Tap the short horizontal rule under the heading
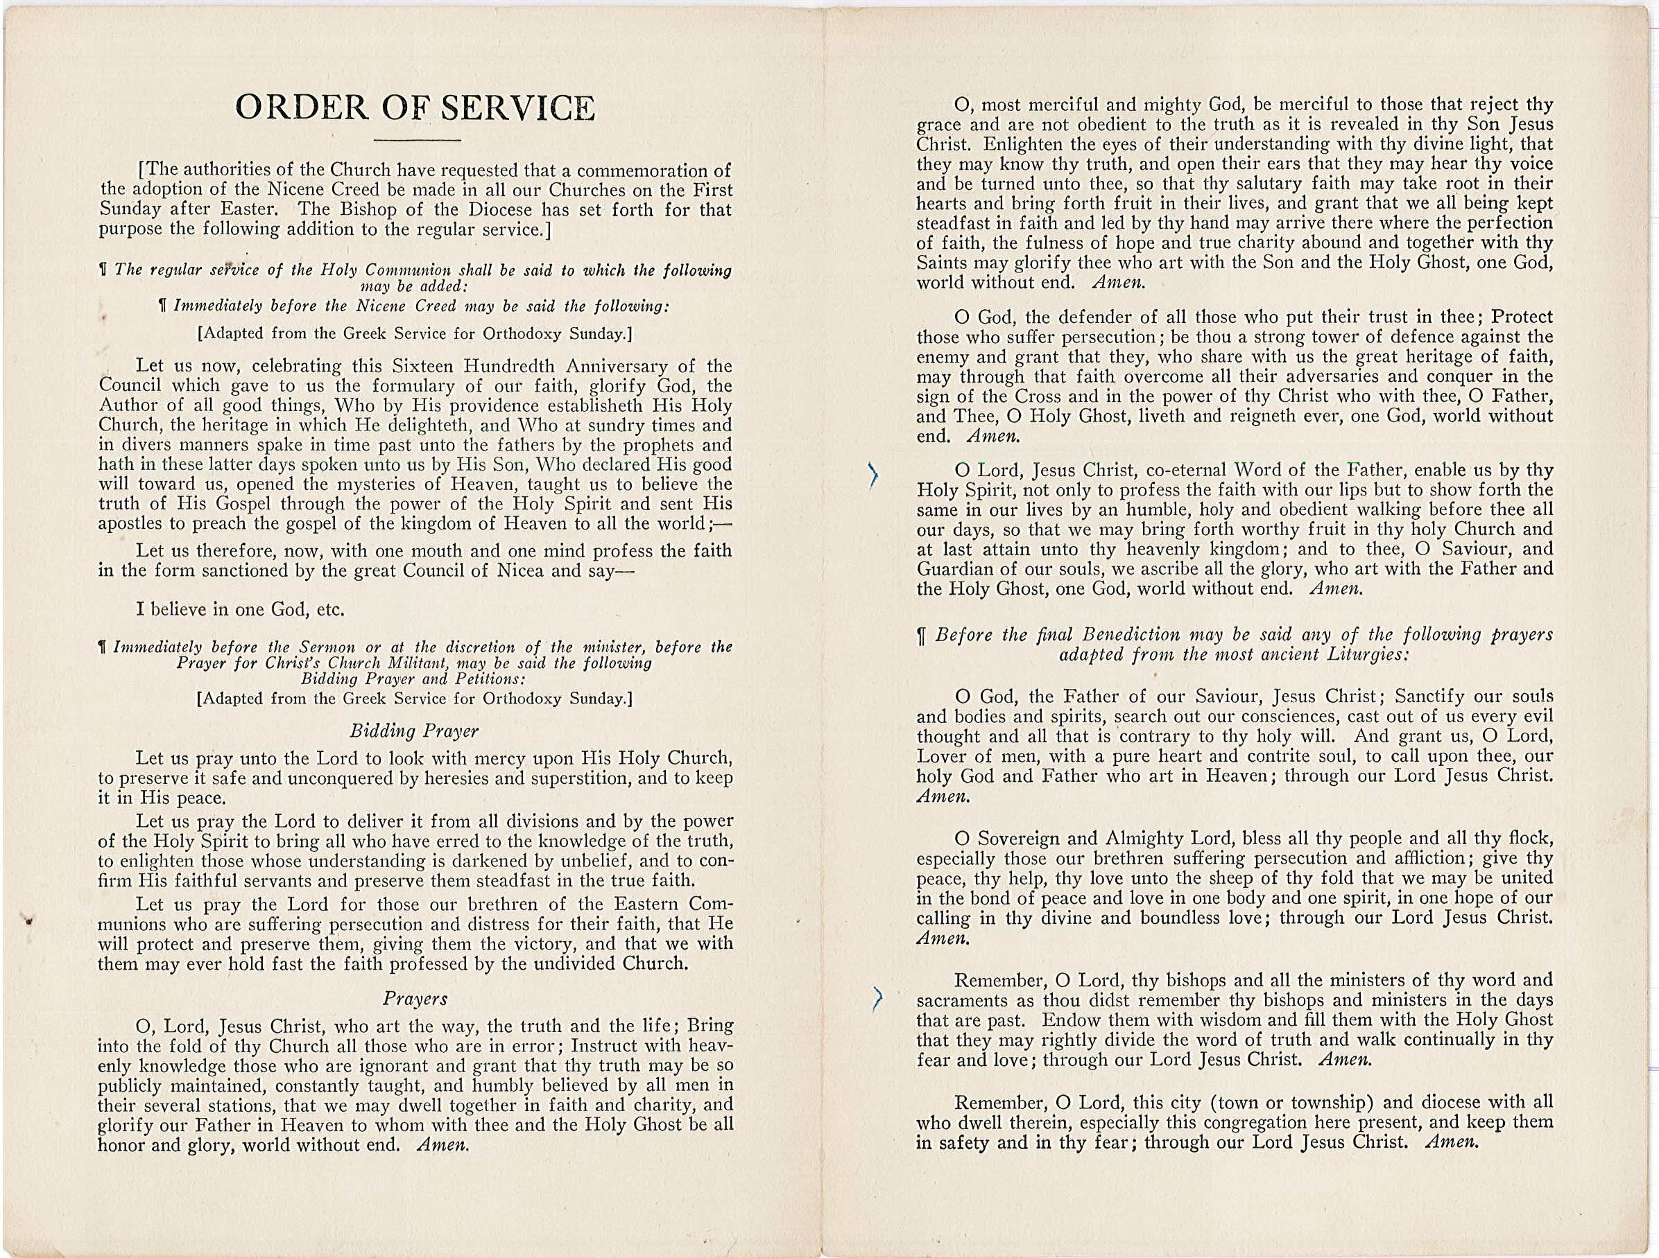417,141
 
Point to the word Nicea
524,570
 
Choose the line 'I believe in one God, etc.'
240,609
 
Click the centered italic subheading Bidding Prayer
414,731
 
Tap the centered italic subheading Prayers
415,999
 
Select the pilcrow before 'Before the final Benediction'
922,636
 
